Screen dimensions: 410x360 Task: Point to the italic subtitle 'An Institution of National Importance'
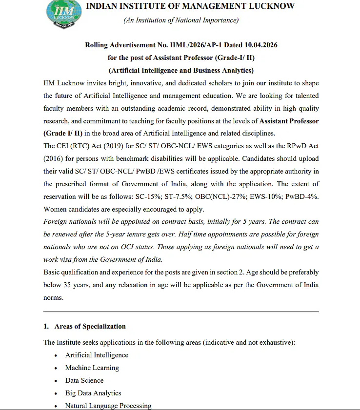(x=181, y=20)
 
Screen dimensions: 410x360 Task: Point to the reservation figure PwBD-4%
(x=303, y=197)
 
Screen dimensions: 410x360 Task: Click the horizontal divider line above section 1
(x=180, y=311)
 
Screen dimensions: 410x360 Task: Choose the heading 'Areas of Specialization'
(x=90, y=327)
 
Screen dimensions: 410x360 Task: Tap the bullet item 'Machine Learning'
(x=92, y=368)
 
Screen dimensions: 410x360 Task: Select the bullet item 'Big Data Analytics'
(x=93, y=393)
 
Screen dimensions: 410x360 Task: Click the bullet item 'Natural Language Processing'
(x=108, y=406)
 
